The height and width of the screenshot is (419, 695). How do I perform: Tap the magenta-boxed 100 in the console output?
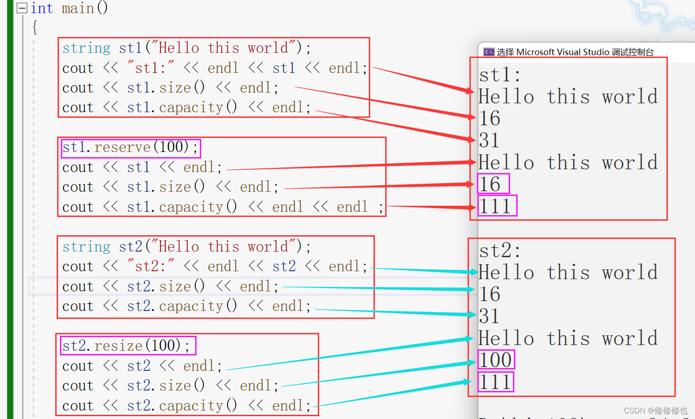coord(496,360)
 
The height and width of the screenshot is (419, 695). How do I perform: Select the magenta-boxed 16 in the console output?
coord(490,184)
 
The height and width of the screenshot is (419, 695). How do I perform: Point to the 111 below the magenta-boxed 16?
coord(496,206)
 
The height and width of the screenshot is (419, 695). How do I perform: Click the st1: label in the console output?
coord(499,75)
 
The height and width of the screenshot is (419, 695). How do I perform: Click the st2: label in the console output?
coord(499,251)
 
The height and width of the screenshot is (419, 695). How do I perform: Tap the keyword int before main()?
coord(42,8)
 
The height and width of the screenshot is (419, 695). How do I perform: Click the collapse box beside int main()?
coord(22,8)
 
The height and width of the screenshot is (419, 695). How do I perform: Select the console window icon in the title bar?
coord(489,52)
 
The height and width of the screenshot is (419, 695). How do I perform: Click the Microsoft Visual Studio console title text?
coord(575,52)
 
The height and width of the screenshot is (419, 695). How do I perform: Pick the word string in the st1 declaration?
coord(86,48)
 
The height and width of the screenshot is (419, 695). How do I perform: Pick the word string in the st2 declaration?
coord(86,247)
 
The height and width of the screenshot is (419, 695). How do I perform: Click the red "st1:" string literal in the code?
coord(150,68)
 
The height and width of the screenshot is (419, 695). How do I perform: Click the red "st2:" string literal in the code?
coord(150,267)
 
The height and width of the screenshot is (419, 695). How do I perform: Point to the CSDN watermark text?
coord(656,411)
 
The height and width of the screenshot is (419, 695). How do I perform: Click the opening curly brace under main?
coord(35,27)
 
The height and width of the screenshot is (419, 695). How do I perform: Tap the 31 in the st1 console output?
coord(489,140)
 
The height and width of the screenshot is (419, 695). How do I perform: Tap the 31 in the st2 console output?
coord(489,317)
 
